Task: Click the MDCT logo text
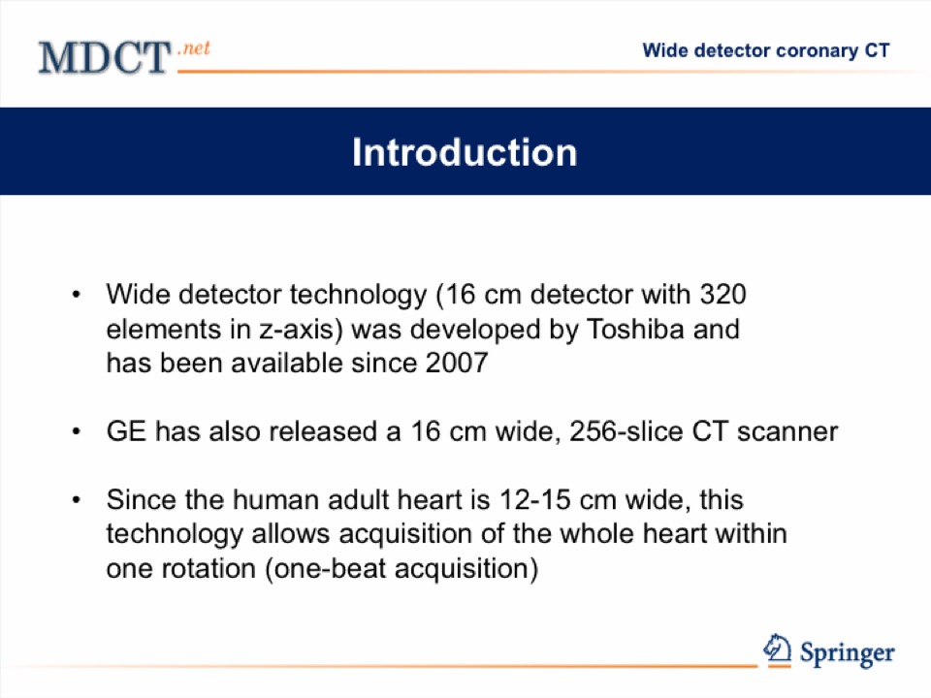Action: coord(105,57)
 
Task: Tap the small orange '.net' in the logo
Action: coord(194,48)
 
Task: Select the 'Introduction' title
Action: coord(465,152)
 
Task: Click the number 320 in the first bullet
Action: coord(722,295)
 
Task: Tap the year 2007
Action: coord(457,363)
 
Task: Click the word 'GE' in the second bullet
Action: coord(126,430)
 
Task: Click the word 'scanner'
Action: coord(787,431)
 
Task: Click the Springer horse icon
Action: coord(777,649)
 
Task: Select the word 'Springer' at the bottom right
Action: coord(848,653)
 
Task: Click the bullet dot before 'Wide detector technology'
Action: coord(76,295)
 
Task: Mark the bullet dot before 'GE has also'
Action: coord(76,431)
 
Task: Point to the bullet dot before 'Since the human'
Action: coord(76,500)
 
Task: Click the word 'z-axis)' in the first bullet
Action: coord(301,330)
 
